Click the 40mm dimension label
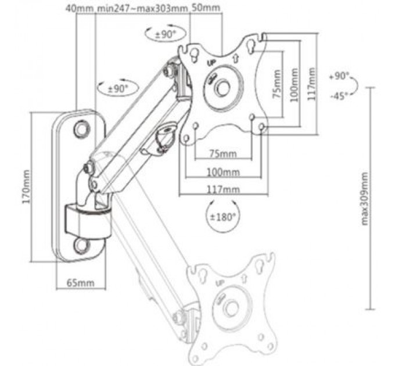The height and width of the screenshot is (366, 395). point(77,9)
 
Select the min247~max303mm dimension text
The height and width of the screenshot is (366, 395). point(143,9)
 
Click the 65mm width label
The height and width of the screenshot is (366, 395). point(80,282)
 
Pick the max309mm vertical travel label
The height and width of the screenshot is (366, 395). point(366,198)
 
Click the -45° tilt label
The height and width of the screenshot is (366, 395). point(339,96)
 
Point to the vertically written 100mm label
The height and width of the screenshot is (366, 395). point(295,84)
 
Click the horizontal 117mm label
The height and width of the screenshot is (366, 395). point(222,189)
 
